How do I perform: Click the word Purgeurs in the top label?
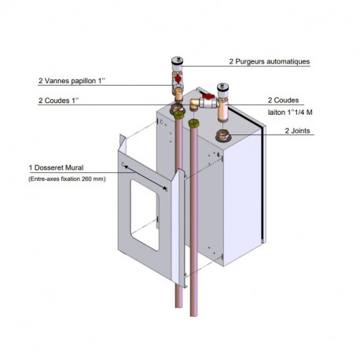(249, 61)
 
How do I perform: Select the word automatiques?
(288, 61)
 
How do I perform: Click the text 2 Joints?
(297, 130)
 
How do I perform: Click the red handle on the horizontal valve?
(208, 96)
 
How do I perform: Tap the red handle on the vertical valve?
(178, 78)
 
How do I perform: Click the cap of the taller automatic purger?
(177, 61)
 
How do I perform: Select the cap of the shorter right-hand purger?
(222, 88)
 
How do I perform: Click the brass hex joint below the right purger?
(223, 135)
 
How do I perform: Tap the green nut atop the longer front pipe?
(193, 123)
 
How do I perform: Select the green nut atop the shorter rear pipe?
(178, 114)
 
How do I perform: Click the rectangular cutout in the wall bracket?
(145, 215)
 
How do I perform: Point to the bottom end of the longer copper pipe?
(193, 315)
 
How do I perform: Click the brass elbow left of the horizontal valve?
(194, 104)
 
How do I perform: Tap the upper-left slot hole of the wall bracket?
(123, 164)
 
